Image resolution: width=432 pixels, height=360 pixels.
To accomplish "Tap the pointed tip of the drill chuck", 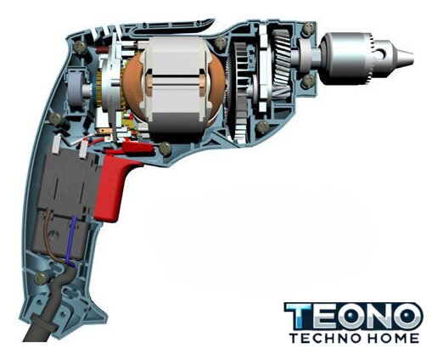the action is click(x=412, y=56).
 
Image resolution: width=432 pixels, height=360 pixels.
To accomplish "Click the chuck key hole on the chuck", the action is click(x=382, y=53).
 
